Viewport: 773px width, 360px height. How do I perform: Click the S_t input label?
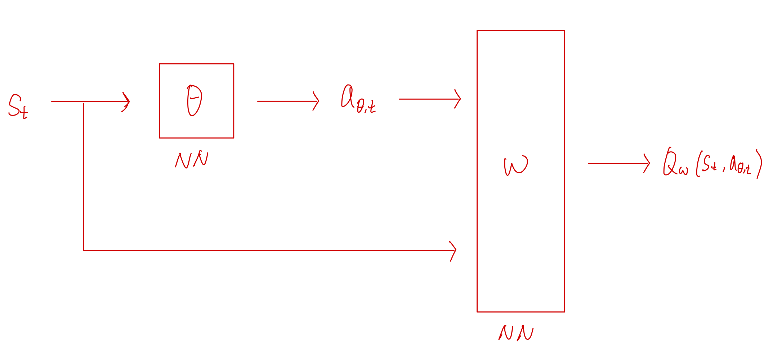18,107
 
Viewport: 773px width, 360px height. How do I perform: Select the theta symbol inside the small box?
195,100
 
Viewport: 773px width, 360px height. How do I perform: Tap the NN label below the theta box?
192,160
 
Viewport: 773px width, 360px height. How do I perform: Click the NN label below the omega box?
516,333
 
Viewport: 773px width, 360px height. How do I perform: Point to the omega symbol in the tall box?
516,166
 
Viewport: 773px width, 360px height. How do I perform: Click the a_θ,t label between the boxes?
358,99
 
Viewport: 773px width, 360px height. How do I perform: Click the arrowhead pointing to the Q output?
648,163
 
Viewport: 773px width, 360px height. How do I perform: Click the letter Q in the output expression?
670,162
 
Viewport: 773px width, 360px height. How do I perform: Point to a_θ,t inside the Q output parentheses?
740,166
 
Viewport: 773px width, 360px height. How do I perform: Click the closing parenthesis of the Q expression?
759,164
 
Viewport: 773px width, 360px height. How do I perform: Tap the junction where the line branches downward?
84,102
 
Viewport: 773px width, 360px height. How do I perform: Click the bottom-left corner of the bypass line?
84,251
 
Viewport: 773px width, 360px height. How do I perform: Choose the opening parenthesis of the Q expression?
698,164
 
